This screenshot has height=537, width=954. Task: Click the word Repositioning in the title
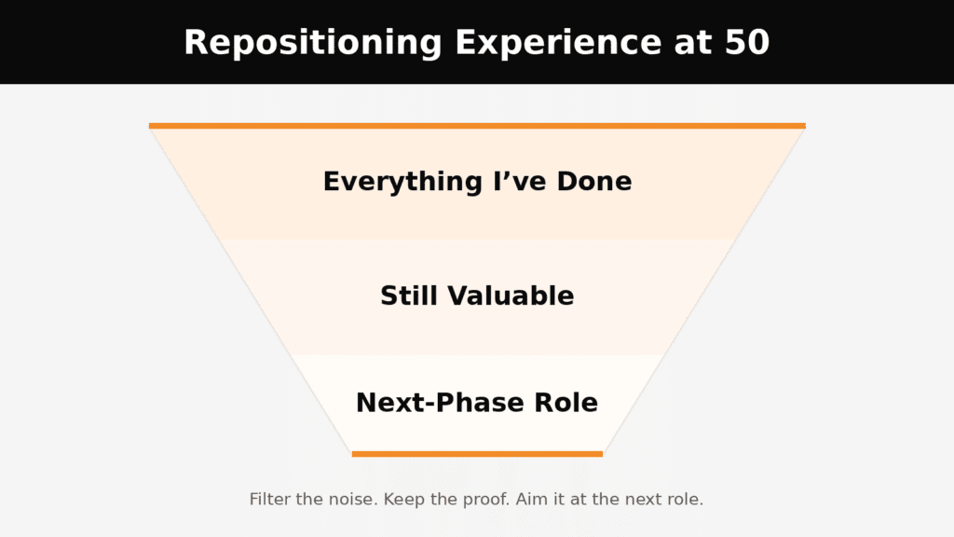(x=313, y=44)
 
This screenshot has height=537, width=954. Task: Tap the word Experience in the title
(x=558, y=44)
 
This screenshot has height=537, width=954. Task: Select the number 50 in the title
(x=747, y=43)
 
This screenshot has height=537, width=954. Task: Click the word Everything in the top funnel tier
(x=402, y=183)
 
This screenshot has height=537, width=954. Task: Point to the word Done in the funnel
(x=594, y=182)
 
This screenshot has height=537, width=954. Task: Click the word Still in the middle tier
(x=409, y=296)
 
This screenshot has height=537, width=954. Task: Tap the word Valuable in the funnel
(x=511, y=296)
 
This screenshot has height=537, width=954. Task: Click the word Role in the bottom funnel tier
(x=566, y=403)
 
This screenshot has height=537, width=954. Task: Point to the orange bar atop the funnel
(x=477, y=126)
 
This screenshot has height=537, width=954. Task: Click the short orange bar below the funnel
(x=477, y=454)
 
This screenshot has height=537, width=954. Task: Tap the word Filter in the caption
(x=270, y=500)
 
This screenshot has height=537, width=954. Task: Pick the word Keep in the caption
(x=403, y=501)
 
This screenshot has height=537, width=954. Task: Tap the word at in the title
(x=692, y=44)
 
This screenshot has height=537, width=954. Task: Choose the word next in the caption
(x=643, y=501)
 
